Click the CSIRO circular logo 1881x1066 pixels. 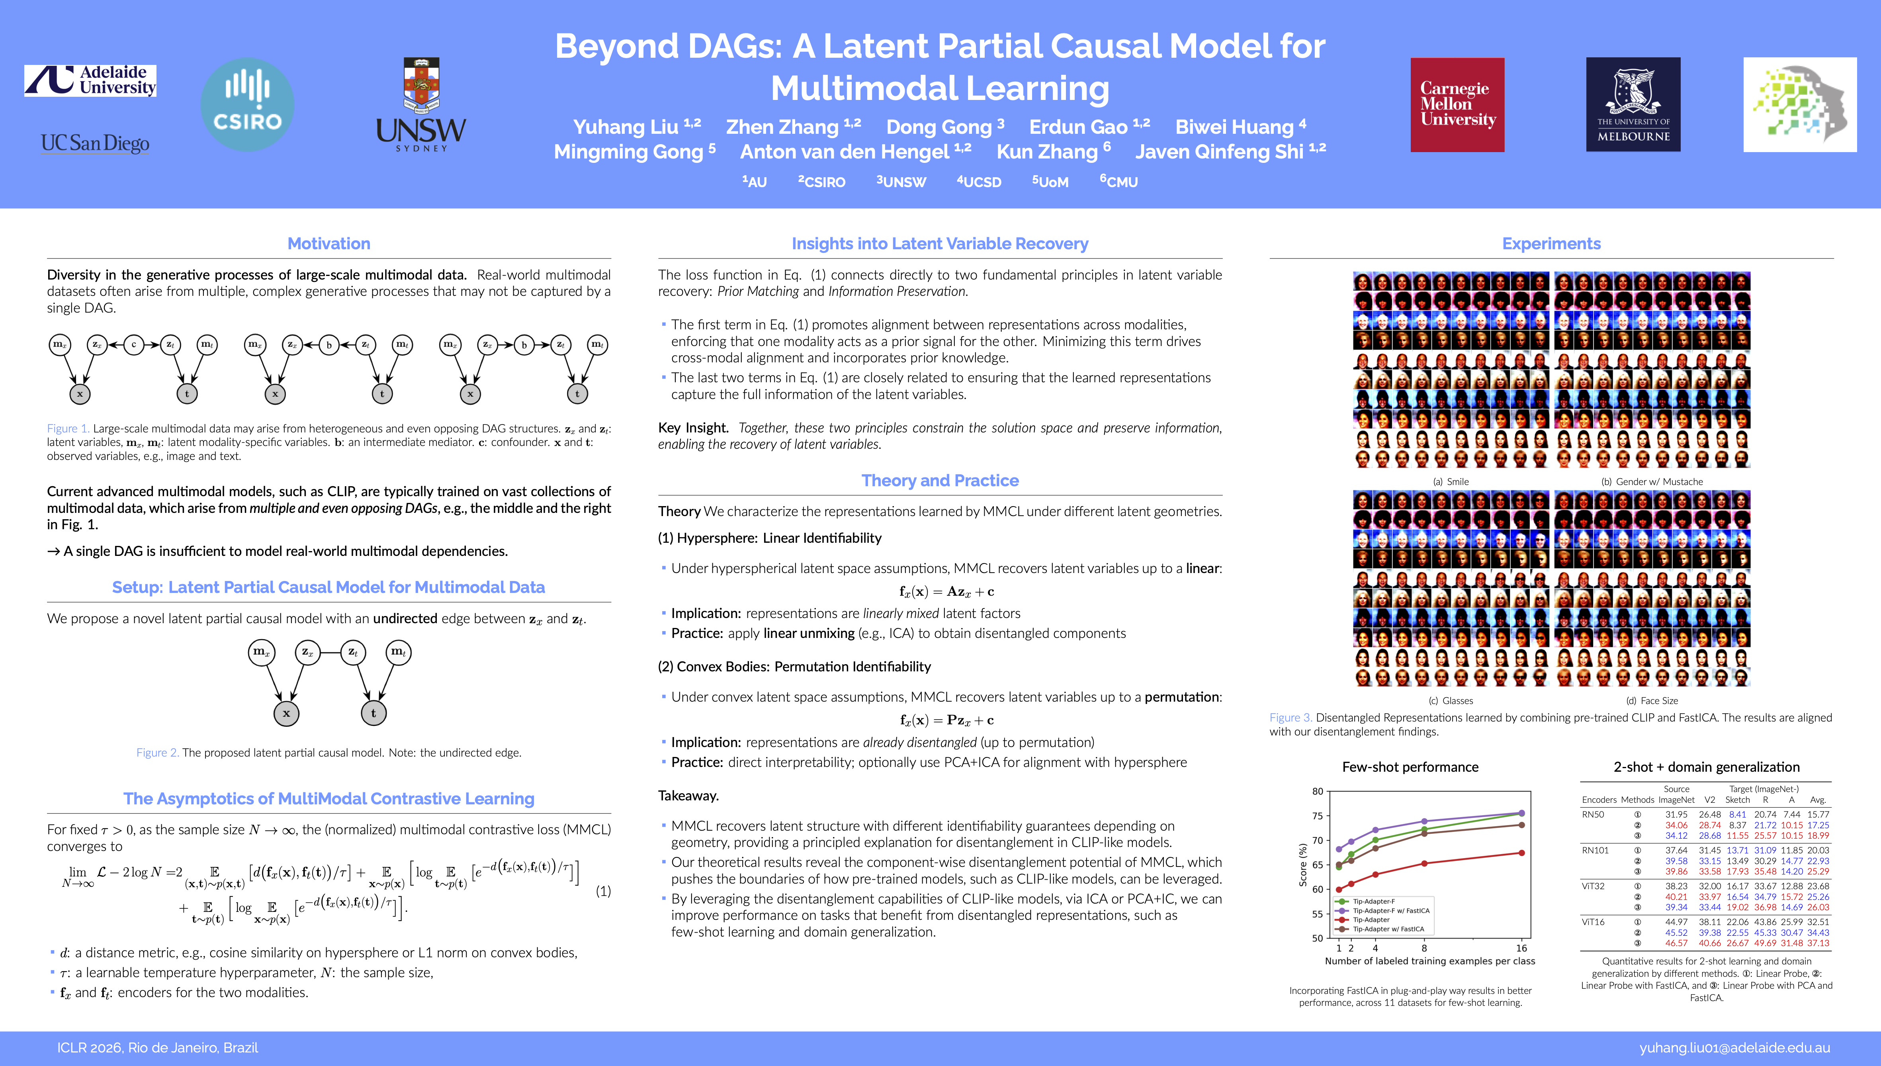[247, 105]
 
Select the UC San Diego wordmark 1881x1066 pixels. [95, 143]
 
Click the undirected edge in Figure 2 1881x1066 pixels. [330, 651]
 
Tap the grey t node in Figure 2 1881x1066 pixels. [373, 713]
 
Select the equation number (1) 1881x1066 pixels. [603, 891]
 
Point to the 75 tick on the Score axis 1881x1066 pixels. [1318, 816]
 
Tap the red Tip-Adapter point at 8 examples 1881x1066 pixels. [1424, 864]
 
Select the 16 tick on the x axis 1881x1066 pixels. [1521, 948]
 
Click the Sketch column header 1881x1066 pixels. [1737, 800]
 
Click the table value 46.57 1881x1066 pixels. [1676, 943]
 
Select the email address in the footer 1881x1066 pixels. [1734, 1048]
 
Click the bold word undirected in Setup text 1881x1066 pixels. [405, 619]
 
